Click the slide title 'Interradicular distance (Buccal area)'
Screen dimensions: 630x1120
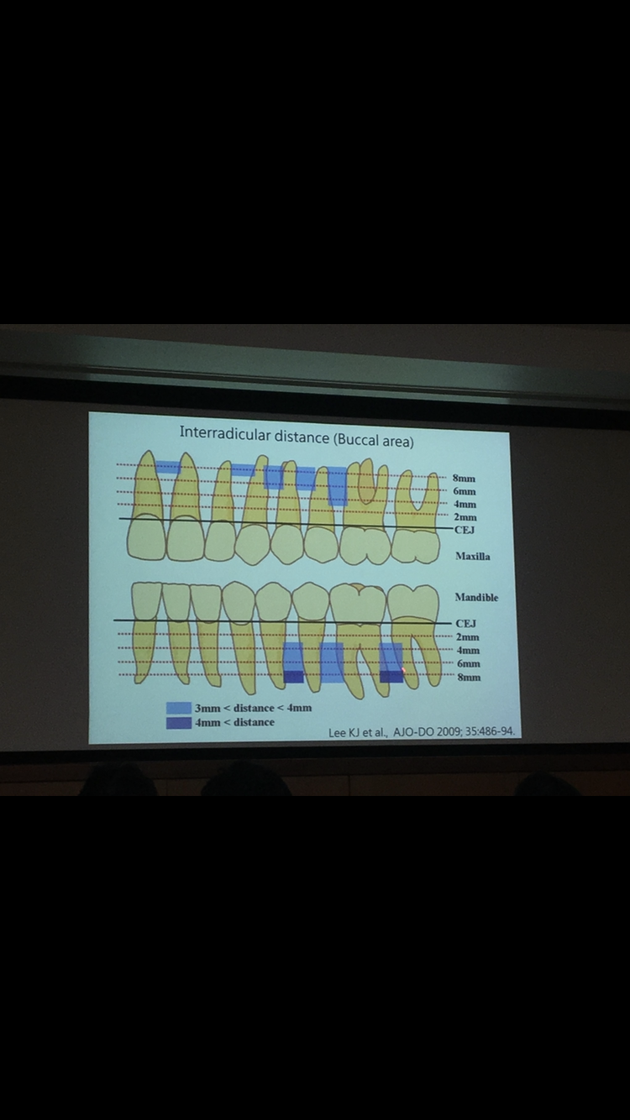(x=297, y=437)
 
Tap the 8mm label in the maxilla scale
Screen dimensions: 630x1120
(x=464, y=479)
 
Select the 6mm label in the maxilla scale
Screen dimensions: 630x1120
(x=465, y=491)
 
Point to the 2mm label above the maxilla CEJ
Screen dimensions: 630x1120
(x=465, y=517)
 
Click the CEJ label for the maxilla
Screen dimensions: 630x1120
(x=465, y=530)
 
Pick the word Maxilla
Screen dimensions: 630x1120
(x=473, y=556)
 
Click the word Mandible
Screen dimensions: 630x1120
(x=477, y=597)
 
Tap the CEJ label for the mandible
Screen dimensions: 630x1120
(x=466, y=624)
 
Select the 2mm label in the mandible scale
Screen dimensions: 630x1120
(x=467, y=637)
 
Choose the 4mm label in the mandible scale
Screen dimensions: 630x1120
(x=468, y=651)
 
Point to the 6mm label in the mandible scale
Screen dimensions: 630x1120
(x=469, y=664)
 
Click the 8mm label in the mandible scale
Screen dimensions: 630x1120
(x=469, y=678)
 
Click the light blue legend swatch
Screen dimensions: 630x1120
(x=179, y=708)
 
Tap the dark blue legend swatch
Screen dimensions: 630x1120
(x=179, y=723)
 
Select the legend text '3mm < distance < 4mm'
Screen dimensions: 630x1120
(x=253, y=708)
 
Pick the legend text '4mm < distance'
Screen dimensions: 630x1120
(x=234, y=722)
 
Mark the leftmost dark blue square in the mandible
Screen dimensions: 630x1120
(x=294, y=677)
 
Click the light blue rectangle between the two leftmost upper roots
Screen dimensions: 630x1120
(x=169, y=468)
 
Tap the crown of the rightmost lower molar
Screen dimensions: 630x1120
(x=412, y=604)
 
